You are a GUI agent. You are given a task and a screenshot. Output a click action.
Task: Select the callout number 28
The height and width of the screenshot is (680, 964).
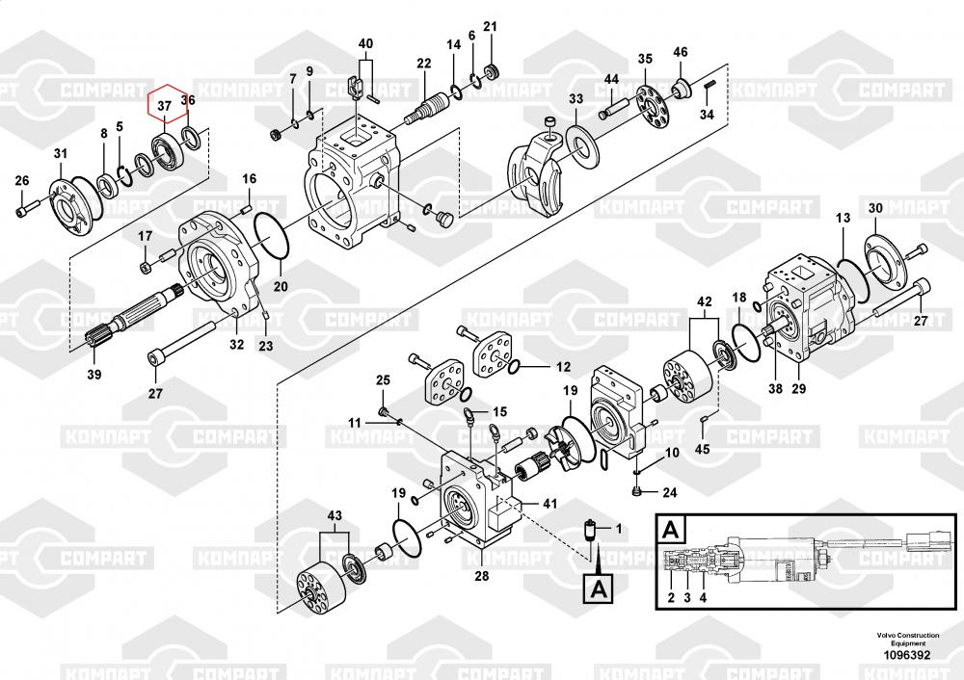coord(482,576)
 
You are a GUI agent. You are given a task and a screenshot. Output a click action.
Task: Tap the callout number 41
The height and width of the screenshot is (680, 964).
coord(549,504)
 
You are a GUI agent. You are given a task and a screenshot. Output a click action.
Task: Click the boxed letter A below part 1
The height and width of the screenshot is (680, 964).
coord(598,587)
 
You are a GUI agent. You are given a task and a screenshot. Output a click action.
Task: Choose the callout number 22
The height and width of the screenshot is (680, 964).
coord(424,64)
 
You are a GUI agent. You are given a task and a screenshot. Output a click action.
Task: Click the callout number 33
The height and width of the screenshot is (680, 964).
coord(576,99)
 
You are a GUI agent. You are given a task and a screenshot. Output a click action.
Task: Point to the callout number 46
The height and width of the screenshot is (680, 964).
coord(681,51)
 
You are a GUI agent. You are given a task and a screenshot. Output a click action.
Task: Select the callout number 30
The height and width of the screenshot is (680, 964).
coord(874,208)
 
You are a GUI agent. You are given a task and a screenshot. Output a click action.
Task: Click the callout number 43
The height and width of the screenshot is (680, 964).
coord(335,516)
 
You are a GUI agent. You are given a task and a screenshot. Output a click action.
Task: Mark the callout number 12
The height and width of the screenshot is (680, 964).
coord(563,366)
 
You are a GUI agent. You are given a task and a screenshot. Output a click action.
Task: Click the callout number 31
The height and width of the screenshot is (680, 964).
coord(61,154)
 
